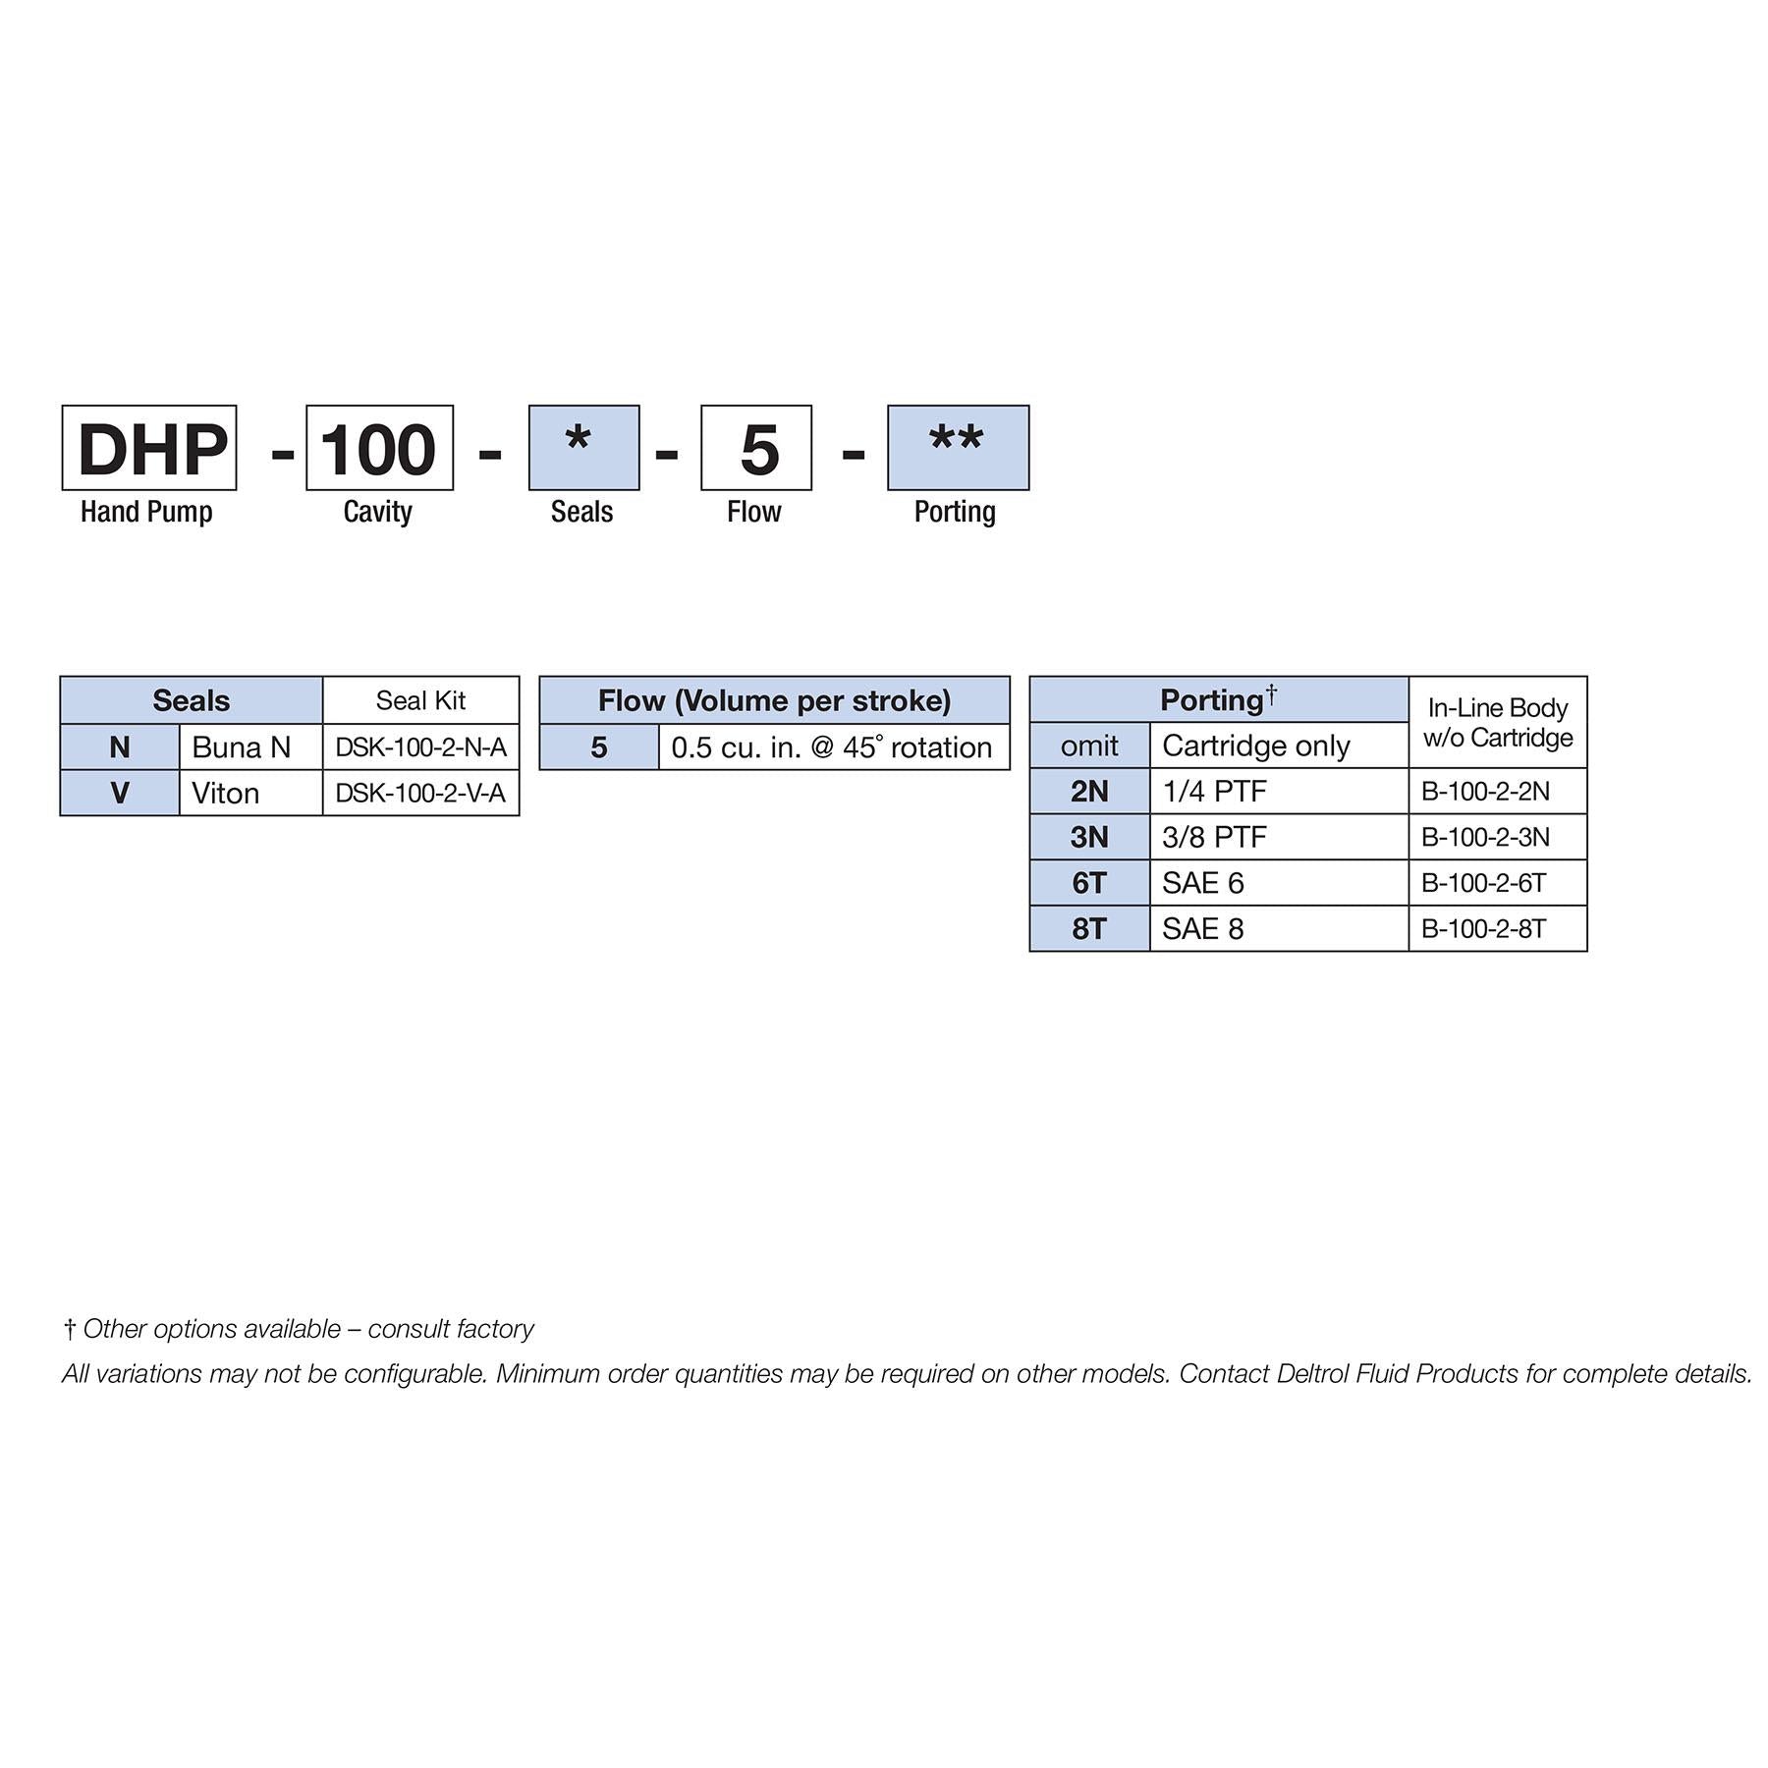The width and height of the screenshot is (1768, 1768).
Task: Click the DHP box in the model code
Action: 149,448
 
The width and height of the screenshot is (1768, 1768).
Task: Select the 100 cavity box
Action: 379,448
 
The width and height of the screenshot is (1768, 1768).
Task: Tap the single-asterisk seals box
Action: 583,448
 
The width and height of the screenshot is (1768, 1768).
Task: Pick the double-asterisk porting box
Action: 958,448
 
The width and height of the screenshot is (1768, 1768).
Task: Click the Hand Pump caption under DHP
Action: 146,512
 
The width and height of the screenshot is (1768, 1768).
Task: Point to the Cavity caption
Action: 378,512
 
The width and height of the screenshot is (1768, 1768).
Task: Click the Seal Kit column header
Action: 420,700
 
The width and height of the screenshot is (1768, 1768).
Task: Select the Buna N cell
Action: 250,747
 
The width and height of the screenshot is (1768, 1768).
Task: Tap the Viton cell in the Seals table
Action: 250,793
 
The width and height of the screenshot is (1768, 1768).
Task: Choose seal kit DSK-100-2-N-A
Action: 420,747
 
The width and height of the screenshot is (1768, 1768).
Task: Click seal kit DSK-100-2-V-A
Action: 420,793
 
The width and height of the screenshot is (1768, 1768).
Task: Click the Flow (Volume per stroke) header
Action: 774,700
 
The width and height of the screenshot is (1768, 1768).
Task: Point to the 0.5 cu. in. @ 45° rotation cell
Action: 834,747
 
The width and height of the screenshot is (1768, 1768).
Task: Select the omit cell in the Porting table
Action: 1089,746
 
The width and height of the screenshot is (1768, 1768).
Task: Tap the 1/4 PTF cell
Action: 1279,791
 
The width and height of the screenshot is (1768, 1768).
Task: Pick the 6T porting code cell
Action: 1089,883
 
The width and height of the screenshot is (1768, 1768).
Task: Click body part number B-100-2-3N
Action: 1497,837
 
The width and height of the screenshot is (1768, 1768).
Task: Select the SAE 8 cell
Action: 1279,928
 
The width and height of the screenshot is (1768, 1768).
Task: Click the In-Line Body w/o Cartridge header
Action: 1497,722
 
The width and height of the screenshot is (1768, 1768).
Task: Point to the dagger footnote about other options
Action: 299,1329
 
